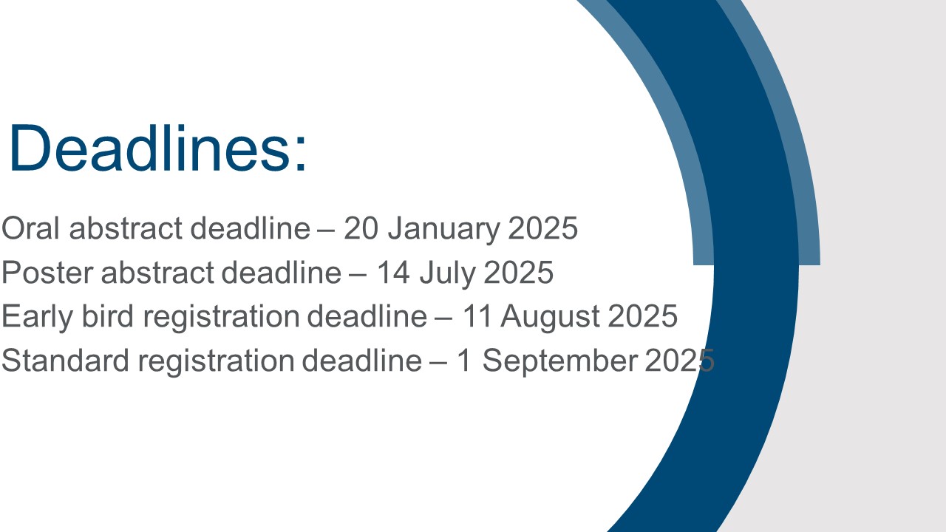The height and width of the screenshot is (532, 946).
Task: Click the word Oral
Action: [31, 228]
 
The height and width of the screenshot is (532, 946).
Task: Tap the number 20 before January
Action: [361, 228]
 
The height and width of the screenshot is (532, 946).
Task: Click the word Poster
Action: [48, 273]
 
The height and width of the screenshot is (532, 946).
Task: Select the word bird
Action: [108, 316]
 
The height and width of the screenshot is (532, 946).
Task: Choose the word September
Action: [560, 362]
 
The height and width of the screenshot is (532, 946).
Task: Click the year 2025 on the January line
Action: [542, 228]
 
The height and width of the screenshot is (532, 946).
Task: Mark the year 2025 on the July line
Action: [518, 273]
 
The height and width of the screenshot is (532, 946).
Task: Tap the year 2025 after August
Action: [642, 316]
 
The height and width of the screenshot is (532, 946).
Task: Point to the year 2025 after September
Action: [679, 360]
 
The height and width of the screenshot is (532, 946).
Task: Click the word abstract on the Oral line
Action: [126, 228]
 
